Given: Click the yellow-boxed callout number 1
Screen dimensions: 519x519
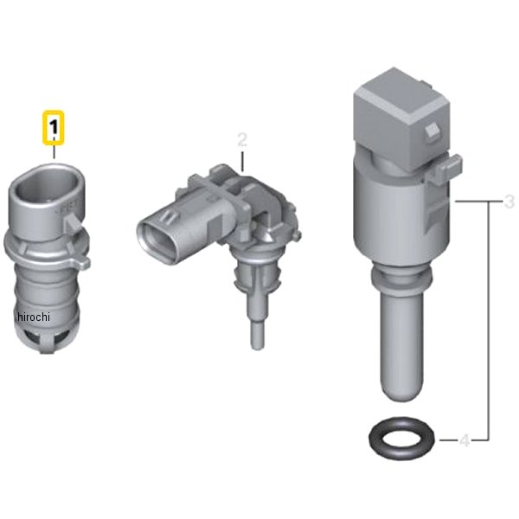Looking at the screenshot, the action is (54, 128).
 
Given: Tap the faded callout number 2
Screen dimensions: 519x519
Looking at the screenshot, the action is (242, 139).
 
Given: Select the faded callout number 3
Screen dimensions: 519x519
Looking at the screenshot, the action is (509, 202).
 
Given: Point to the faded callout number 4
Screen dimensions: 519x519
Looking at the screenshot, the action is (465, 440).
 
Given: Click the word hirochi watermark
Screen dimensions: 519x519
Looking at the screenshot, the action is (34, 317).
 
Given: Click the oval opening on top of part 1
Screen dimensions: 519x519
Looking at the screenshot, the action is (48, 185).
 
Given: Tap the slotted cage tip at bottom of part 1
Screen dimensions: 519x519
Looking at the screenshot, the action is (47, 339).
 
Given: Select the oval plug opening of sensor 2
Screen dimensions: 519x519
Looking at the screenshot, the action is (157, 242).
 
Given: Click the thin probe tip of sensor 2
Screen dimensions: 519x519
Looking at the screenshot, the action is (257, 335).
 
